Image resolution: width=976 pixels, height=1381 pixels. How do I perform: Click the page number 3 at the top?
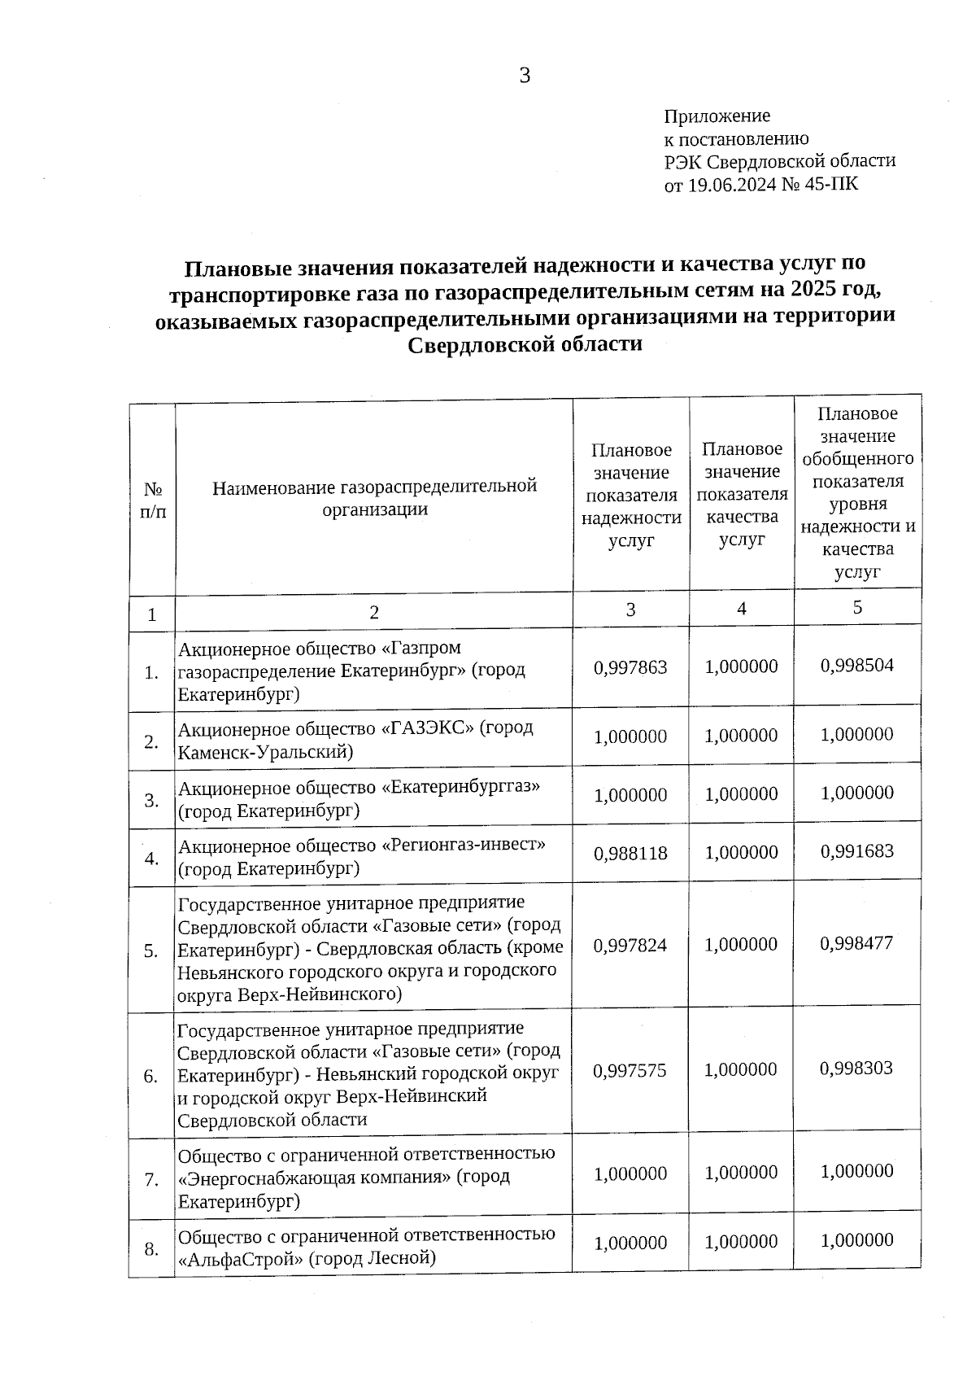525,76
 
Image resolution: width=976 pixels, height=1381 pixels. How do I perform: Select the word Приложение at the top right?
717,116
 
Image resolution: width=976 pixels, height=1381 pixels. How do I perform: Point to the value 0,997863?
630,667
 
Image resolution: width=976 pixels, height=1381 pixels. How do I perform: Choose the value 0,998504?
857,665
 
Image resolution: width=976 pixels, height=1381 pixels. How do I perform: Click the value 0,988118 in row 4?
630,854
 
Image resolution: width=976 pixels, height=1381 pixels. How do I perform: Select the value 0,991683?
857,851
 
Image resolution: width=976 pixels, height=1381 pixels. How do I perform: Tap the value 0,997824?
630,946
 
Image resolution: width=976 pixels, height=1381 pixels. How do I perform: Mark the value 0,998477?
857,943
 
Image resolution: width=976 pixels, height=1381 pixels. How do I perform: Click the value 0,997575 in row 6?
630,1071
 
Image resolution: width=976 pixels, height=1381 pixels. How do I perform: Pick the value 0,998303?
857,1068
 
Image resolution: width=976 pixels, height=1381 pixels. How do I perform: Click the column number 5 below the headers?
857,608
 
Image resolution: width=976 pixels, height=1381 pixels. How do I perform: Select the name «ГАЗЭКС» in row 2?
427,728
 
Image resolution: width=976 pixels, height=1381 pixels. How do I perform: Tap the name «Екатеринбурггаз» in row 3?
461,787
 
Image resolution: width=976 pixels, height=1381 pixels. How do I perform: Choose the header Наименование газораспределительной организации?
374,497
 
